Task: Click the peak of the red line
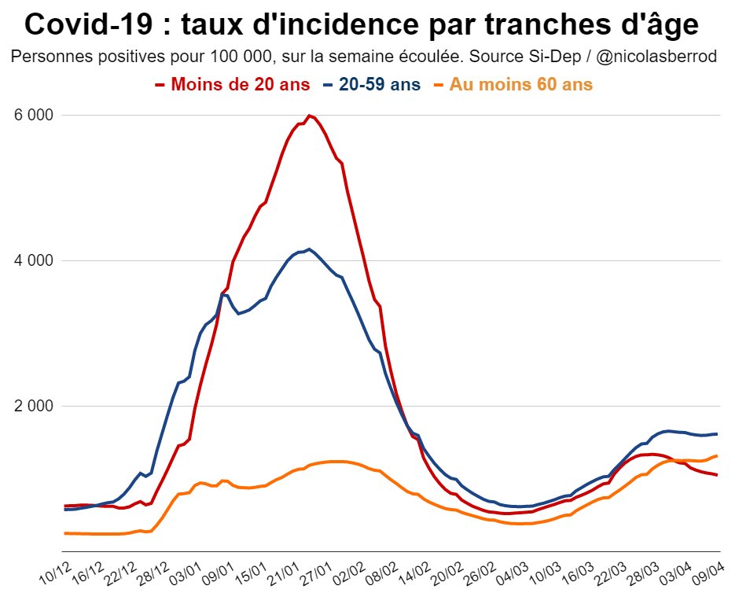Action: (x=310, y=116)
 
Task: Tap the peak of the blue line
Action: (x=310, y=249)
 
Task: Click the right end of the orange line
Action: (x=717, y=455)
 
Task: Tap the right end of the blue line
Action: (x=717, y=434)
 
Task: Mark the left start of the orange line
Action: (x=65, y=533)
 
